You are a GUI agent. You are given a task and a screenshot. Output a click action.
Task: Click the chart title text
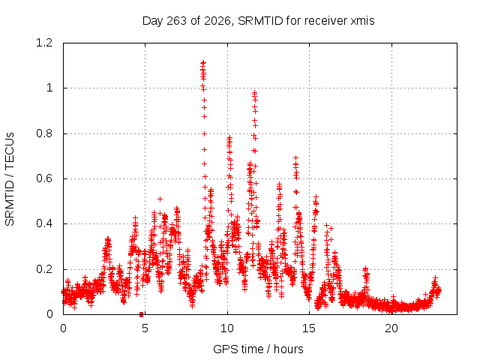coord(258,21)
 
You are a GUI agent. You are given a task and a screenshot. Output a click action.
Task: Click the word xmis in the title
coord(362,21)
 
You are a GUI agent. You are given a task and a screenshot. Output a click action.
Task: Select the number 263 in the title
coord(176,21)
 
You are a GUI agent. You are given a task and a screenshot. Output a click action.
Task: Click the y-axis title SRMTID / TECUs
coord(10,179)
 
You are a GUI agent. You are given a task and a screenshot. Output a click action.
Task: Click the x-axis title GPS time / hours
coord(258,349)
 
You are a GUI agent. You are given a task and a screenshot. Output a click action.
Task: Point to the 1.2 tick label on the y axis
coord(44,43)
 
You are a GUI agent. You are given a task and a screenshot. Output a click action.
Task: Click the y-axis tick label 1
coord(49,88)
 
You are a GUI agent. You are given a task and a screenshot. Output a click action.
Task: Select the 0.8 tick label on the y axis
coord(44,133)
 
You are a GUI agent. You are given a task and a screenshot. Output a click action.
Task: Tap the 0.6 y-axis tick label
coord(44,178)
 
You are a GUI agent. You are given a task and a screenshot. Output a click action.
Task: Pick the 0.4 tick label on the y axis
coord(44,223)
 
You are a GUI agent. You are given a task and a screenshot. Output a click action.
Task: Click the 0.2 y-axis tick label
coord(44,269)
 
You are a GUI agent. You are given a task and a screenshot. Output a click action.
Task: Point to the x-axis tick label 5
coord(145,328)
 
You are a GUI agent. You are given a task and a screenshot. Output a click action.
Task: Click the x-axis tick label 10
coord(227,328)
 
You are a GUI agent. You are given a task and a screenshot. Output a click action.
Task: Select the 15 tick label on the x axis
coord(309,328)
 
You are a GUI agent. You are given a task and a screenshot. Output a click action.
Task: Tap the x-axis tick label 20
coord(391,328)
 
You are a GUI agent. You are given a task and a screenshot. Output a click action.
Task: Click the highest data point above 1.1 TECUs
coord(203,63)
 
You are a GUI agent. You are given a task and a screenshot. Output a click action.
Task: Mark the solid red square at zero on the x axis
coord(142,314)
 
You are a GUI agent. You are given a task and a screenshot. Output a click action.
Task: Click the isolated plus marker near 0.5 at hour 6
coord(160,199)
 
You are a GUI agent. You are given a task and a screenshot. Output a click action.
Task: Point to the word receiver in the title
coord(326,21)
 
